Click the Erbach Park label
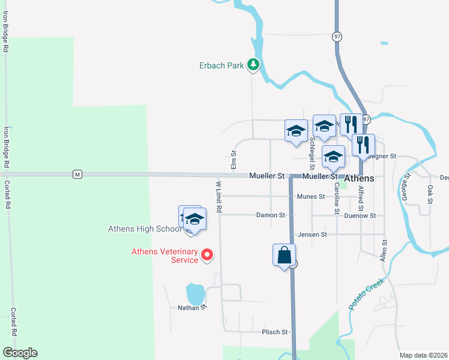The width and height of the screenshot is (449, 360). click(x=221, y=65)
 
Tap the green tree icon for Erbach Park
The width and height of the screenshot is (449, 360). click(x=254, y=65)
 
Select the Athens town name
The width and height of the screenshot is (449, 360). click(x=359, y=179)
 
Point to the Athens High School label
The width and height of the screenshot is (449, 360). click(x=144, y=229)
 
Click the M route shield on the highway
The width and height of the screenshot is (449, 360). click(x=77, y=175)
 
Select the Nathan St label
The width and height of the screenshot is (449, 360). click(x=192, y=307)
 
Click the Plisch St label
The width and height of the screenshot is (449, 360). click(x=276, y=332)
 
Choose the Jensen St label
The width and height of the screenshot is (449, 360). click(x=312, y=235)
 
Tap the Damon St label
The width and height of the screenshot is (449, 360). click(x=271, y=215)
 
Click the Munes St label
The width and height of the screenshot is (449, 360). click(x=310, y=196)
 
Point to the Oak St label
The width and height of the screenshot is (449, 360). click(x=430, y=193)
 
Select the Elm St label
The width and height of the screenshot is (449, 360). click(x=234, y=159)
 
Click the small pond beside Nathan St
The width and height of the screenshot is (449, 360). click(x=195, y=294)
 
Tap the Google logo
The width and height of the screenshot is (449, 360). click(x=20, y=353)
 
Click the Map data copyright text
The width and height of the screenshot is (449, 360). click(x=423, y=355)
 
